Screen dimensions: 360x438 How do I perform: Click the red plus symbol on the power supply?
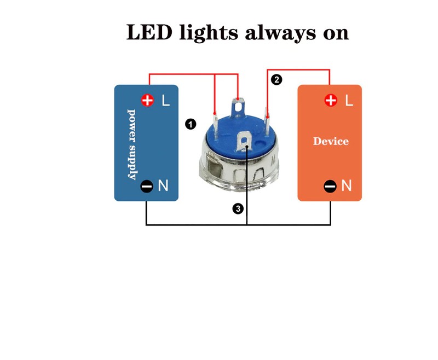(x=147, y=100)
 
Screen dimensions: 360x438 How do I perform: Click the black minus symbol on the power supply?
(x=147, y=186)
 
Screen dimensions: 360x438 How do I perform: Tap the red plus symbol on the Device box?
(x=331, y=100)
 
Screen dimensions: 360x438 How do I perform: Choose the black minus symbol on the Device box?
(x=330, y=186)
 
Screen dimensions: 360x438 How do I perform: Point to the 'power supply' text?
(x=132, y=144)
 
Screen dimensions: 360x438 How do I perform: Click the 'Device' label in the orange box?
(x=331, y=141)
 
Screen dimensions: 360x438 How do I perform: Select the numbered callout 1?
(x=191, y=124)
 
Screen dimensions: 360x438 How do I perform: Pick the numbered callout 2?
(x=276, y=80)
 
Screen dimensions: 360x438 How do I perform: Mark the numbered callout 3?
(x=237, y=208)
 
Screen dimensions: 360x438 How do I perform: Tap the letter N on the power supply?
(x=163, y=186)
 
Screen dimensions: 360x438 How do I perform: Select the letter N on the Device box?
(x=347, y=186)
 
